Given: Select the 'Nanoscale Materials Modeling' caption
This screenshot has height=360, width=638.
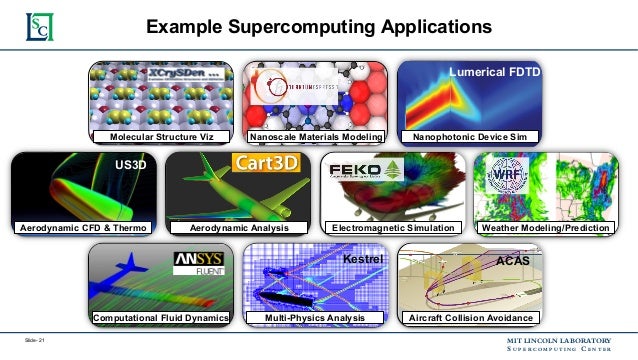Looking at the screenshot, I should pos(317,136).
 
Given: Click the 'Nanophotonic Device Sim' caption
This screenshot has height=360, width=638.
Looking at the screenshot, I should pos(470,136).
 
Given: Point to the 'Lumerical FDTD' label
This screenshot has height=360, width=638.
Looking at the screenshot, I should pos(495,73).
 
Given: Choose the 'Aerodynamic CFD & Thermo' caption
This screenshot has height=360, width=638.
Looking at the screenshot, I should pos(84,229).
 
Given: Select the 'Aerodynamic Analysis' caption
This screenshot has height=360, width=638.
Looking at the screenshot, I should pos(239,229).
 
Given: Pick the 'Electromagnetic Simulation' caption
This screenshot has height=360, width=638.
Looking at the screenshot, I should pos(393,229).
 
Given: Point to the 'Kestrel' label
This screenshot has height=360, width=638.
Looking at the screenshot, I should pos(364,259).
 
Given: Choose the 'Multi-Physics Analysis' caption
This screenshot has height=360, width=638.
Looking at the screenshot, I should pos(316,318).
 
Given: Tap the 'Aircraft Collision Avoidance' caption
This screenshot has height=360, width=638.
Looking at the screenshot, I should pos(470,318).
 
